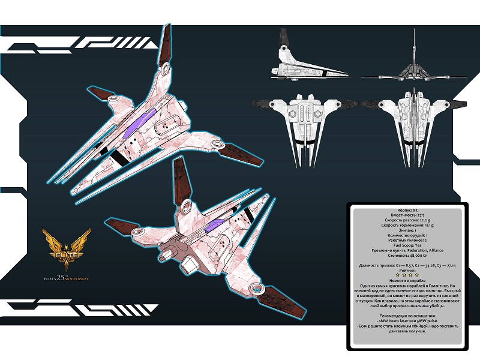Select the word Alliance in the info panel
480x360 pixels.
(436, 250)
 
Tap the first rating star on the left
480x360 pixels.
(398, 275)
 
